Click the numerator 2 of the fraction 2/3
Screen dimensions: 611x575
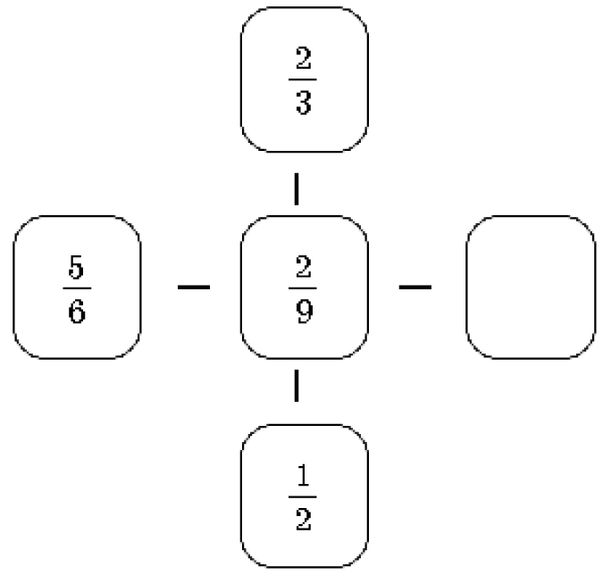click(304, 58)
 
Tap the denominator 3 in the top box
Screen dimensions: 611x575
click(304, 103)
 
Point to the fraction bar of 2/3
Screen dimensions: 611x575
click(303, 79)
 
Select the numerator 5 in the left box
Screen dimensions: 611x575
click(76, 267)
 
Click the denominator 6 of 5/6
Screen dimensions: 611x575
click(77, 312)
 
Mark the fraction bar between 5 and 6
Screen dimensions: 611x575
click(77, 288)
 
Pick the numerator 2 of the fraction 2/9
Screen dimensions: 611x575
click(304, 267)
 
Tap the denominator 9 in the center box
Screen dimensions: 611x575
click(304, 312)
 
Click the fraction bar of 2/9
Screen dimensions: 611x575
click(303, 288)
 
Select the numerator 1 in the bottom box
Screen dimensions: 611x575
click(303, 475)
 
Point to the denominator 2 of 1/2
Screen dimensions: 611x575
click(304, 519)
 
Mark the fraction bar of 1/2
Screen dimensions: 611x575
click(303, 496)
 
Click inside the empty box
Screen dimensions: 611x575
click(531, 287)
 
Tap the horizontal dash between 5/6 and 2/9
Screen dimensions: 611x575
click(194, 287)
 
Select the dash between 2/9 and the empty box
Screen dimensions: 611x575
click(415, 287)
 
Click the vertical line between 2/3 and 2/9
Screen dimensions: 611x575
click(297, 189)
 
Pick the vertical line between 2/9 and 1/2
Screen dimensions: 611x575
click(297, 386)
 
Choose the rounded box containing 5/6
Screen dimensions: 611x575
click(14, 287)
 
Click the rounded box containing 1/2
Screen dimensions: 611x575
click(241, 496)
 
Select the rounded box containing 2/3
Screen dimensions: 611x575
click(241, 79)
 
